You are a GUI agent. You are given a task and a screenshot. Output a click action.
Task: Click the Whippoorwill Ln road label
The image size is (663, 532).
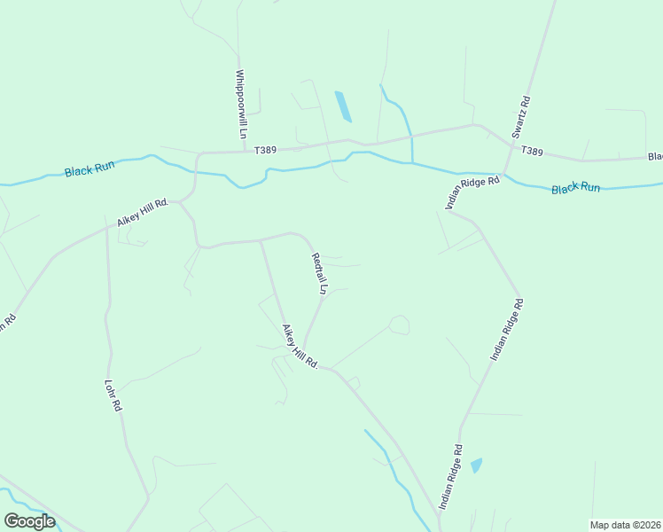(240, 105)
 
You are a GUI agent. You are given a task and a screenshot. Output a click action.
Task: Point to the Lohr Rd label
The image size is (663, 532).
(113, 396)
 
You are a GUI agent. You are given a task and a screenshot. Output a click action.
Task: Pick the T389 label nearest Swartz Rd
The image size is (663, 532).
(532, 152)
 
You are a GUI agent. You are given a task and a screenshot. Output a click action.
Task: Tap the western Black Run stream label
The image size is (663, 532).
(90, 168)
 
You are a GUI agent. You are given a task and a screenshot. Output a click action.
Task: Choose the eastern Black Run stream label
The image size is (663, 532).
(575, 188)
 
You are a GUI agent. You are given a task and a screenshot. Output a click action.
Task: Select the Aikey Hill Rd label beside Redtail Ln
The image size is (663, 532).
(300, 347)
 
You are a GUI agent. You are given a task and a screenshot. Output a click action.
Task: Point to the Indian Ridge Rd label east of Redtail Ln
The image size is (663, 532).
(507, 329)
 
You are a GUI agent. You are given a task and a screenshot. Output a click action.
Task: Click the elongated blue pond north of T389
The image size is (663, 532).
(342, 106)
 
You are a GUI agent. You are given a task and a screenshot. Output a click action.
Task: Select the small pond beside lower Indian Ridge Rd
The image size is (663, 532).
(476, 465)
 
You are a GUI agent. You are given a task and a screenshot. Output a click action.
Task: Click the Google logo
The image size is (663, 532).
(29, 520)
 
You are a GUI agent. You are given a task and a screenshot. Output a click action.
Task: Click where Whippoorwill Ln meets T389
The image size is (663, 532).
(245, 152)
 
